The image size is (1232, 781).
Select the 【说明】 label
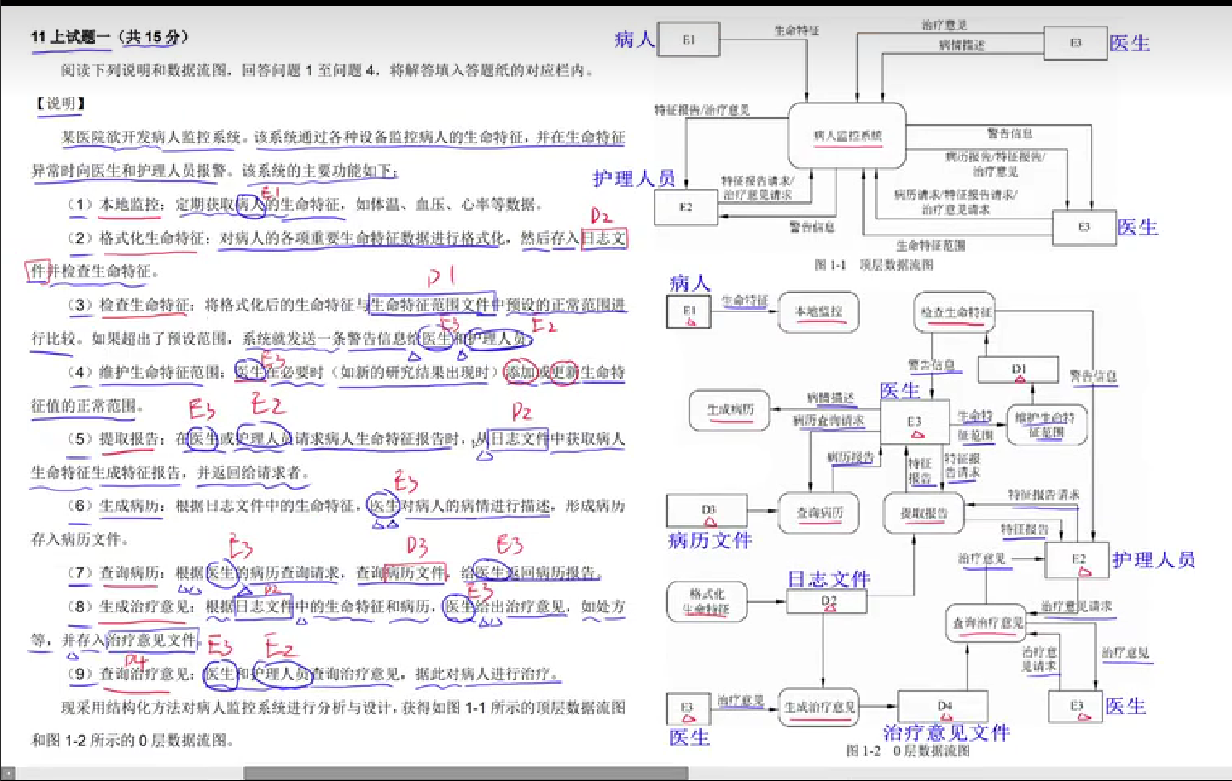coord(60,104)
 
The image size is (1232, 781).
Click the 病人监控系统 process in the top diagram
coord(847,135)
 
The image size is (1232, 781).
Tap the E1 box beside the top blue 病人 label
coord(688,39)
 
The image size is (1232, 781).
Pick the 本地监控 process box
coord(819,312)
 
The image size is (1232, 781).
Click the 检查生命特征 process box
coord(955,312)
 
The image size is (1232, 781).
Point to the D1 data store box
coord(1018,370)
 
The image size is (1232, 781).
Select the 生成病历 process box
coord(730,410)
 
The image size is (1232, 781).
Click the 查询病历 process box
coord(819,513)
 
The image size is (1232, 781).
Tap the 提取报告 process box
coord(924,513)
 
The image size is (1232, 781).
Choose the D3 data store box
coord(707,511)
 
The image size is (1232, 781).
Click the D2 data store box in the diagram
coord(827,601)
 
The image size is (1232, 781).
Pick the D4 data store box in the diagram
coord(942,706)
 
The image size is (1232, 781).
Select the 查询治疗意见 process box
coord(985,623)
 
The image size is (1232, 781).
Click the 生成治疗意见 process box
coord(819,706)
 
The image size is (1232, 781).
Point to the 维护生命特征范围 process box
coord(1047,425)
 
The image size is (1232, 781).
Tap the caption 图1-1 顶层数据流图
coord(873,265)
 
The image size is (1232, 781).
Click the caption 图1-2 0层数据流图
coord(908,751)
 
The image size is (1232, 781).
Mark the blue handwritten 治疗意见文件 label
coord(947,733)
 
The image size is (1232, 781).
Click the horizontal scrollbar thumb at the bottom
coord(466,773)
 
